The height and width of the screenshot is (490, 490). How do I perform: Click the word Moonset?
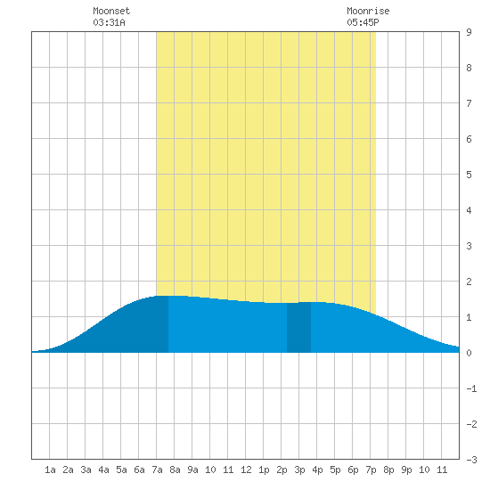(111, 12)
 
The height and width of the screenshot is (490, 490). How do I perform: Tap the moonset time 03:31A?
(109, 22)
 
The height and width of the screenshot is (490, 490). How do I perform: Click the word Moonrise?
(368, 12)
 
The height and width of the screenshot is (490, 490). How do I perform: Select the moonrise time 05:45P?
(363, 22)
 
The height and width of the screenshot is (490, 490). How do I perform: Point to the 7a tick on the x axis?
(157, 470)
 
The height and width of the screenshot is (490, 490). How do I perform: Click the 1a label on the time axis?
(50, 470)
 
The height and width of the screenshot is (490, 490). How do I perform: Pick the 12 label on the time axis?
(246, 470)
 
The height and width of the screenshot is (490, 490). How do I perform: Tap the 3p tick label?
(299, 470)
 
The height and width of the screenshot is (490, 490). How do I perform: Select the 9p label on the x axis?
(406, 470)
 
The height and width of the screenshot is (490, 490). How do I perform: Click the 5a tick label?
(121, 470)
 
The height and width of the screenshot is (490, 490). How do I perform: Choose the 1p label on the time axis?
(264, 470)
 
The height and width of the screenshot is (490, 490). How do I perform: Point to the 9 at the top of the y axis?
(469, 32)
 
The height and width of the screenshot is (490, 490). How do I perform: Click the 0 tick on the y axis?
(469, 353)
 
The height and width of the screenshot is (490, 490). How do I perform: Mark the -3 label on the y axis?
(471, 460)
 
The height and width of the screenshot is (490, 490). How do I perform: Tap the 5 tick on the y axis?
(469, 175)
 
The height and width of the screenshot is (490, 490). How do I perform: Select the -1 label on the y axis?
(471, 388)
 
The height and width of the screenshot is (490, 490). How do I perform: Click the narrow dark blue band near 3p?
(298, 328)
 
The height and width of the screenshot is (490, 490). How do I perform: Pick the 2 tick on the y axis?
(469, 282)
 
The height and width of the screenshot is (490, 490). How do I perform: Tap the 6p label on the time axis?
(353, 470)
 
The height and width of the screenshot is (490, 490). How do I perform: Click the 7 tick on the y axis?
(469, 103)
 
